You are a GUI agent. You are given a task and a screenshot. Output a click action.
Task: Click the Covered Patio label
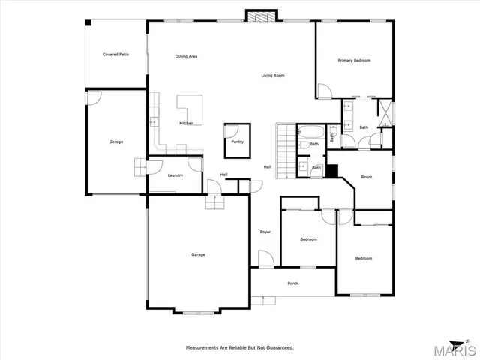[x=115, y=55]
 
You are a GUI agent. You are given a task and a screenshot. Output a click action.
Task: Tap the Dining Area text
[x=186, y=56]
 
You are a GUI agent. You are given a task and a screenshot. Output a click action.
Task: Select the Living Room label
[x=272, y=75]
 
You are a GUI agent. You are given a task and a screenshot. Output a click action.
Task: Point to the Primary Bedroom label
[x=354, y=60]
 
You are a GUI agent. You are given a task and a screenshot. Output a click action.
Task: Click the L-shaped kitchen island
[x=189, y=106]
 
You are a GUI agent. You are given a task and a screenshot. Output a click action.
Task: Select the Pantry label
[x=237, y=141]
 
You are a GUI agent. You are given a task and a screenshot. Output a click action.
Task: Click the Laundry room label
[x=175, y=175]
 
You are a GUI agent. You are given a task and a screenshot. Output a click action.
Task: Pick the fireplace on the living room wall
[x=262, y=16]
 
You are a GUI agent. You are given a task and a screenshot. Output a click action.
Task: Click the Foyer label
[x=265, y=232]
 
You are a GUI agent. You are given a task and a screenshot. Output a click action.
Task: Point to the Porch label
[x=293, y=283]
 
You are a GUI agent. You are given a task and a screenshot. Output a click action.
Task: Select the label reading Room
[x=366, y=177]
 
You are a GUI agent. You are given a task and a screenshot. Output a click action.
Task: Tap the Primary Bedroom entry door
[x=323, y=91]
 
